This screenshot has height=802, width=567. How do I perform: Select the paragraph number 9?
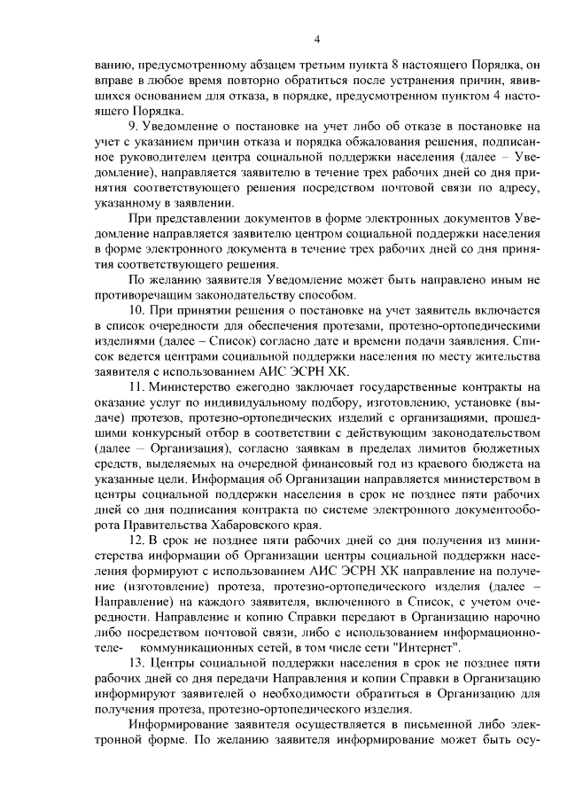pos(133,126)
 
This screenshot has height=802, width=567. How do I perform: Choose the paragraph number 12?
pos(136,541)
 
